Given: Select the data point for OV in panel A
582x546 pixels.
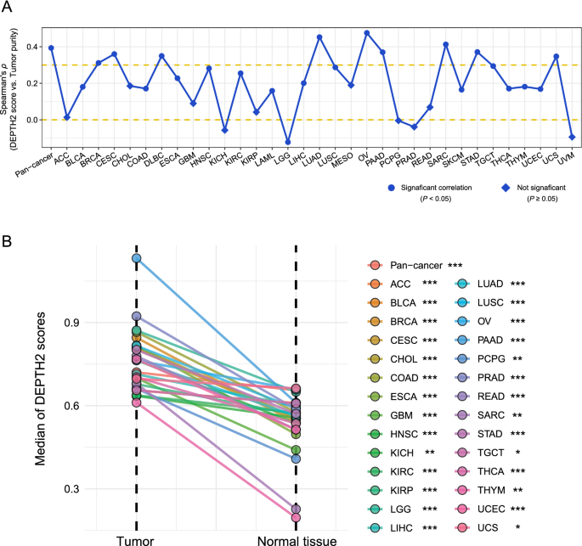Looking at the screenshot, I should click(367, 33).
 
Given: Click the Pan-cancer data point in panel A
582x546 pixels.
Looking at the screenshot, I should click(51, 48).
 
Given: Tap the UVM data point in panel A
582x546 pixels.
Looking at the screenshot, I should click(572, 137).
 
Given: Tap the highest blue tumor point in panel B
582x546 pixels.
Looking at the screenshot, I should click(136, 258).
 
